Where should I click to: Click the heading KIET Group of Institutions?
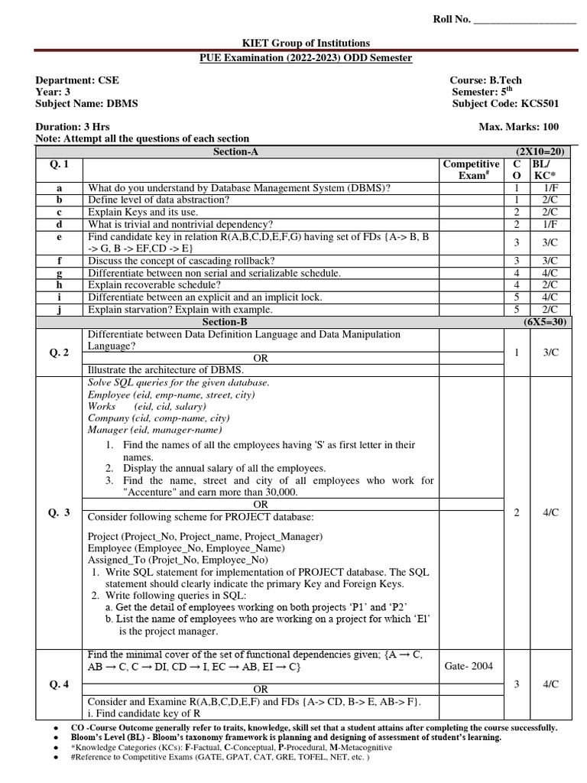tap(294, 44)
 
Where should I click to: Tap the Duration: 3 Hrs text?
tap(70, 126)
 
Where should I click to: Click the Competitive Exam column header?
tap(472, 170)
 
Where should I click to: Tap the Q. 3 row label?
tap(59, 512)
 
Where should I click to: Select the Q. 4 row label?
tap(59, 684)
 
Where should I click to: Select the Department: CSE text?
tap(77, 80)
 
